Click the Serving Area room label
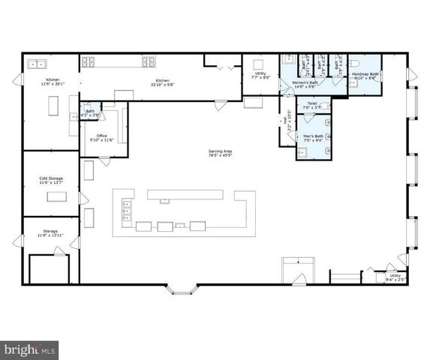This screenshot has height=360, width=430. (x=220, y=152)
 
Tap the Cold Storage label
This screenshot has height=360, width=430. (x=50, y=178)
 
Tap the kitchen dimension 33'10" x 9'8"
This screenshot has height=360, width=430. (x=162, y=84)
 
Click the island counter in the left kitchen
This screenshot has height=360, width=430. (x=53, y=107)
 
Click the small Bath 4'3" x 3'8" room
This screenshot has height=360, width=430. (x=90, y=113)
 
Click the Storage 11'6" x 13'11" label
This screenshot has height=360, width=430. (x=50, y=234)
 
